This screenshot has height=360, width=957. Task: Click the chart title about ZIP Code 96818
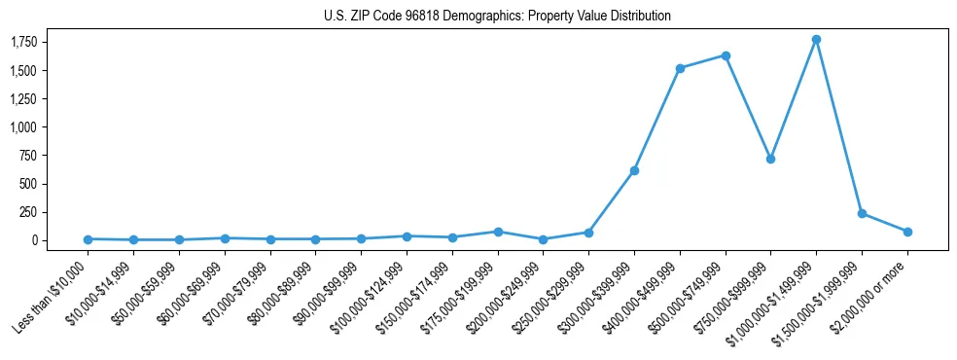497,17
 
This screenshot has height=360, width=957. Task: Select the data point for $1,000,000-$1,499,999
816,39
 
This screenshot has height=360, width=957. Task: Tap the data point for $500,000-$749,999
726,55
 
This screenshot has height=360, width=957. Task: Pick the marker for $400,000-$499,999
680,68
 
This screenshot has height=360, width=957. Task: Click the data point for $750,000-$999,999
770,159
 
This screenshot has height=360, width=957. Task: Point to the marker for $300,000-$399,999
634,170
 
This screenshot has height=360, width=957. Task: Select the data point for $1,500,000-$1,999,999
862,213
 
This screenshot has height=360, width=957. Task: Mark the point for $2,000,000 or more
907,232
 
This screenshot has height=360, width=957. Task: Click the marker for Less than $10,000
88,239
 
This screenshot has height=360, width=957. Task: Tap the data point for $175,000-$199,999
498,232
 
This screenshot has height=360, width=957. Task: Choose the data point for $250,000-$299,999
588,233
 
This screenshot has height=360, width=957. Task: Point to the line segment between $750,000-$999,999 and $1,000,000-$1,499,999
794,98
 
